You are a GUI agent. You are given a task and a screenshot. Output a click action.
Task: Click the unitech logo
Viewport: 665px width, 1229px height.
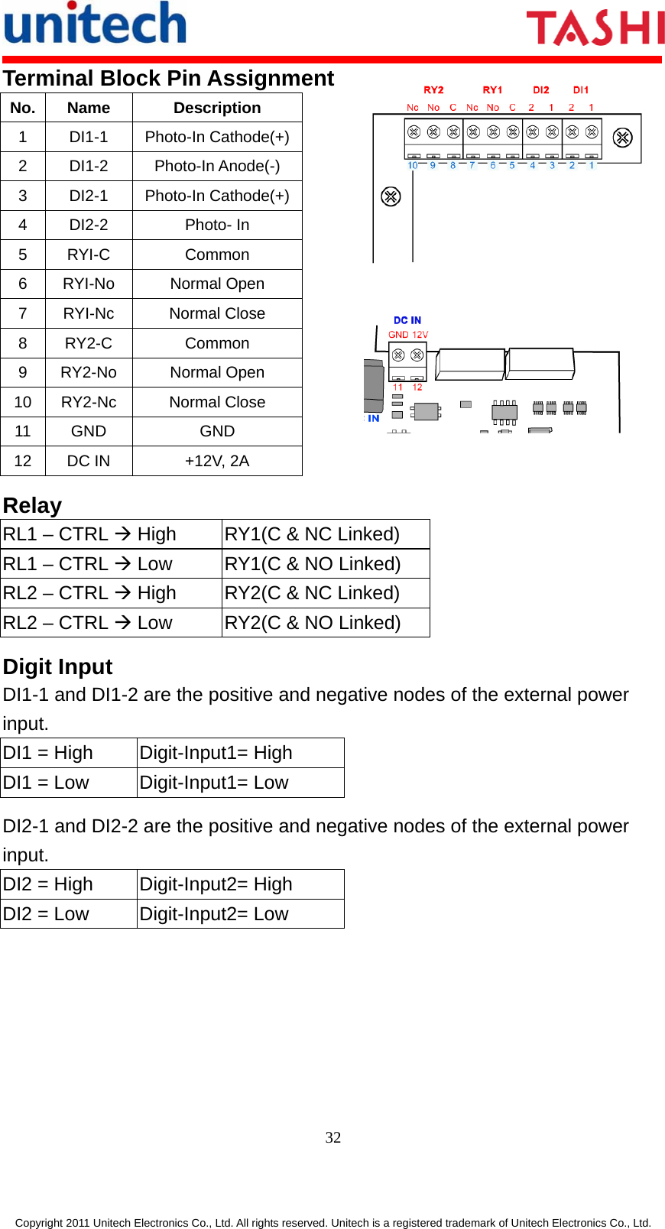pos(96,24)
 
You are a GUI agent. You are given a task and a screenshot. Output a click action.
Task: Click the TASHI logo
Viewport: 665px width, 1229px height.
pos(595,28)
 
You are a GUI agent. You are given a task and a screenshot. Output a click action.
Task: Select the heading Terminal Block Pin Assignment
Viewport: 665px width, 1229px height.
pos(168,78)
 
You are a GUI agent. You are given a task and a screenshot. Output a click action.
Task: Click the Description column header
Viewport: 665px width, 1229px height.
pos(217,108)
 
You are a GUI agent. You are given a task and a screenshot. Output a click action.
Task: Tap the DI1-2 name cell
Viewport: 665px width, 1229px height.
pos(89,166)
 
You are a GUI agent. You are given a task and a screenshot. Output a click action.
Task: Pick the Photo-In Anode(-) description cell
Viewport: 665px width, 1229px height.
pos(217,166)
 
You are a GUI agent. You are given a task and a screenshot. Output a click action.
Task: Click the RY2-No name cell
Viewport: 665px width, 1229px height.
pos(89,372)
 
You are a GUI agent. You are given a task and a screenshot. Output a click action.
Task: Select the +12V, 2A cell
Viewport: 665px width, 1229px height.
pos(217,461)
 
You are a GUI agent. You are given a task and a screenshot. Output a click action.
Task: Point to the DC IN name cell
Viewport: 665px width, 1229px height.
pos(89,461)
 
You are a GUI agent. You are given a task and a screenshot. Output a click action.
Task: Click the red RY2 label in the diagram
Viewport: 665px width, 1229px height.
pos(433,90)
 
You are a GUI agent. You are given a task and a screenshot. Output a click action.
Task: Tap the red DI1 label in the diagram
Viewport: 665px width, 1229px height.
pos(581,90)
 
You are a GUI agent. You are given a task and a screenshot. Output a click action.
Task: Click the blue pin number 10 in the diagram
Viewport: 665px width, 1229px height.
pos(413,165)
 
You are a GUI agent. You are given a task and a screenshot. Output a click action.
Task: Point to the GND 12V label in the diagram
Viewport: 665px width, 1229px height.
pos(408,335)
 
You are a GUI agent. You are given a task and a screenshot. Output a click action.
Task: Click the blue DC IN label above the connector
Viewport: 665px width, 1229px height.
pos(407,320)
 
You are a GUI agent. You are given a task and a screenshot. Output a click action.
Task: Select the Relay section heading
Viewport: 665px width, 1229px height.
pos(32,505)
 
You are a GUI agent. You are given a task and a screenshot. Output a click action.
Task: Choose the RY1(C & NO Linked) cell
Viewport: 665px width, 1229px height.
pos(313,564)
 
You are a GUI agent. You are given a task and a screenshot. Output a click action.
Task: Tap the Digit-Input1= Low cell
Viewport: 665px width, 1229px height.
pos(214,783)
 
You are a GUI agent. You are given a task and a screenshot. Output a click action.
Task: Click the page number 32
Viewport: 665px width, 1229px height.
pos(333,1137)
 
